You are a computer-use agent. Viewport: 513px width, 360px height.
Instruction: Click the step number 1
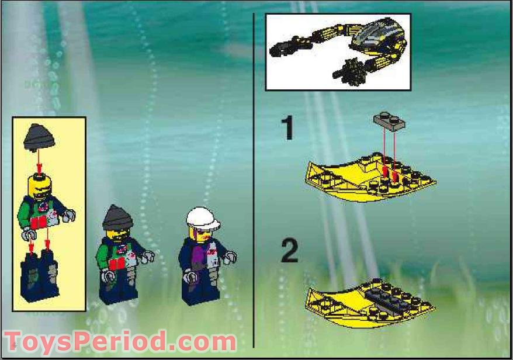[x=286, y=129]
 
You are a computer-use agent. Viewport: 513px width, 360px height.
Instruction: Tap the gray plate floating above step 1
[x=387, y=120]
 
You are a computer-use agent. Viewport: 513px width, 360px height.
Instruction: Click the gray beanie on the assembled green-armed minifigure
[x=119, y=217]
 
